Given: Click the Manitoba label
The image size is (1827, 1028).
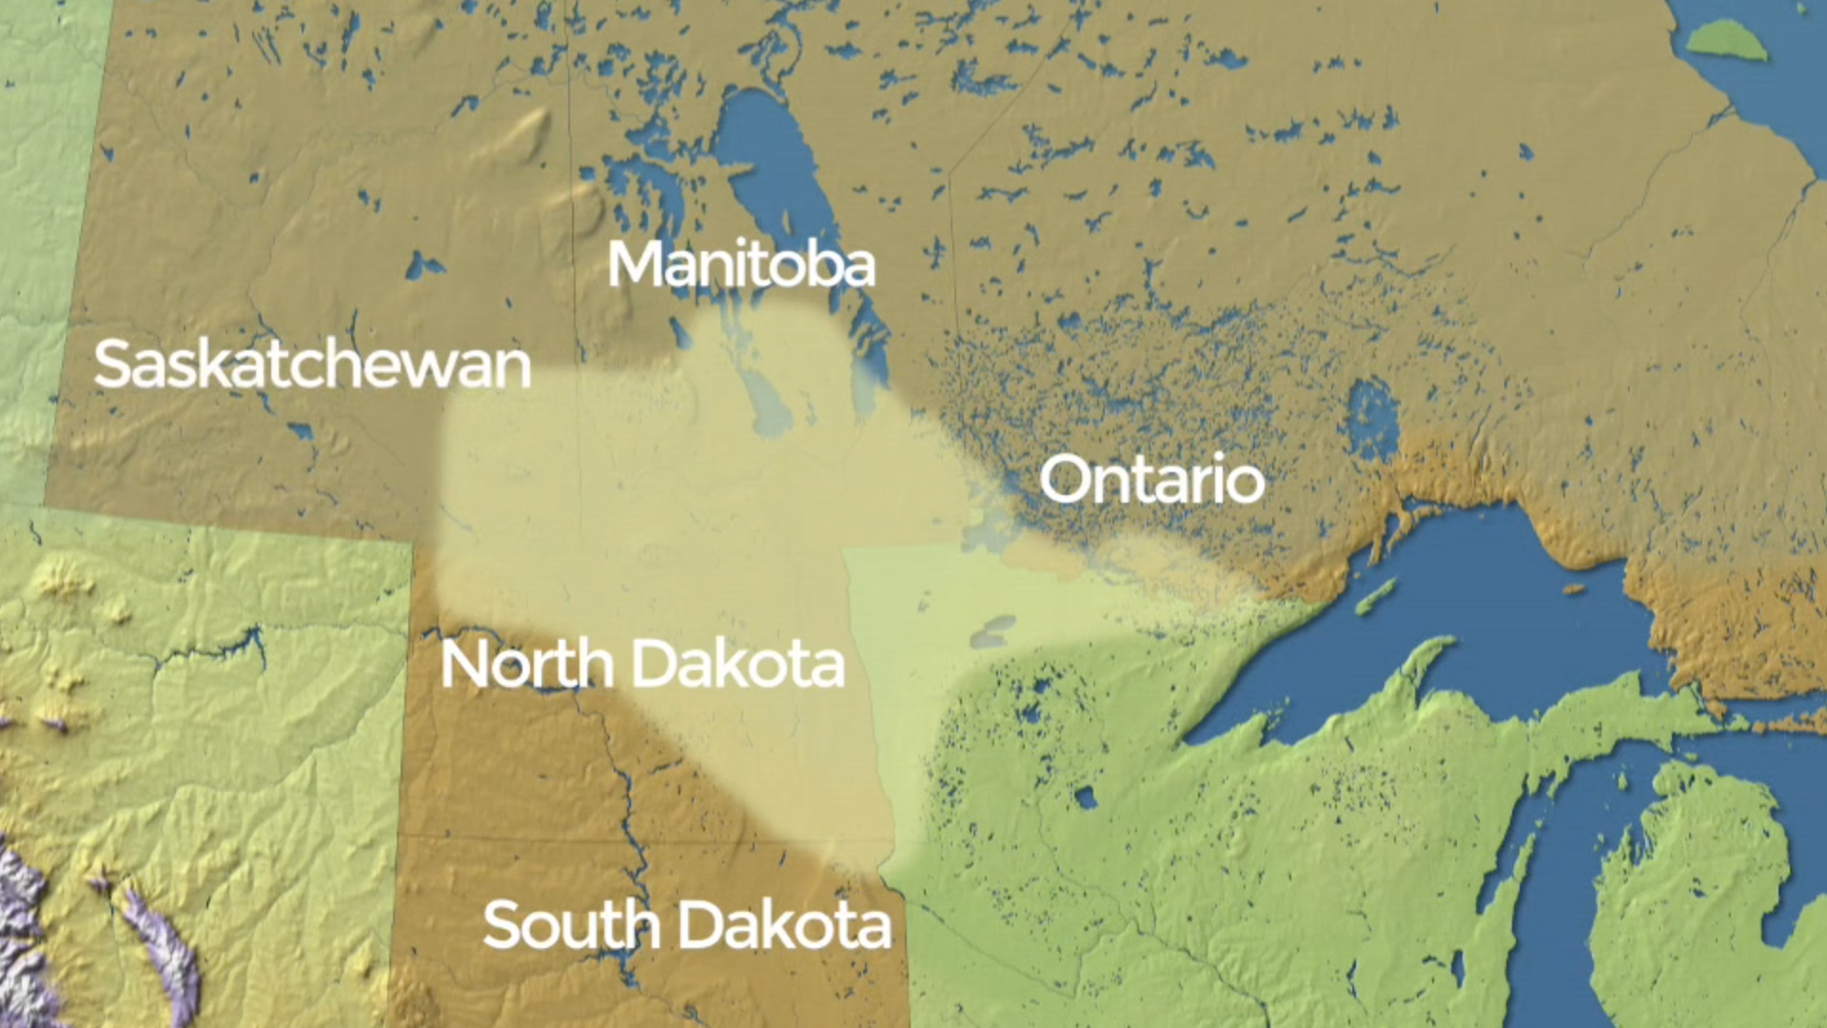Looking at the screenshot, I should [x=741, y=265].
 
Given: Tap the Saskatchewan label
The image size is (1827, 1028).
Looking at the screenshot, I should [x=312, y=365].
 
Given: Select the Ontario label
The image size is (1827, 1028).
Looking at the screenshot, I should [x=1151, y=480].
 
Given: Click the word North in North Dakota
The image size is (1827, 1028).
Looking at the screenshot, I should [x=526, y=664].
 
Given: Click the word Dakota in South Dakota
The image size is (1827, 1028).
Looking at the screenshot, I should [x=786, y=924].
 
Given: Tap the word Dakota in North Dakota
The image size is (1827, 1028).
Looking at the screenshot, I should [x=738, y=664].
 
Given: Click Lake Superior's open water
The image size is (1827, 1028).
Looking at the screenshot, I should [x=1484, y=609].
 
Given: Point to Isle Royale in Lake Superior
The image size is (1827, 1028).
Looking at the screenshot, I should [x=1376, y=597].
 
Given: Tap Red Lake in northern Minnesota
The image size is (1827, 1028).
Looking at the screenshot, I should [x=993, y=631].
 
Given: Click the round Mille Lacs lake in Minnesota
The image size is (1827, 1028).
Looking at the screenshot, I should [x=1085, y=798].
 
